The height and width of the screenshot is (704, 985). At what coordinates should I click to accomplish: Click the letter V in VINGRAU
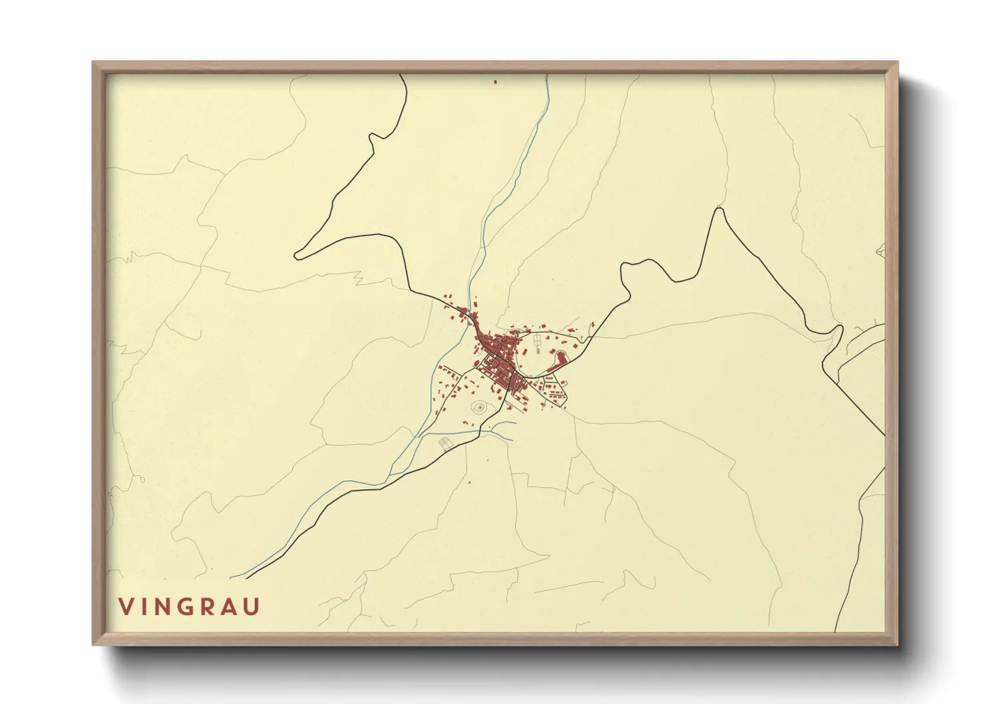coord(125,607)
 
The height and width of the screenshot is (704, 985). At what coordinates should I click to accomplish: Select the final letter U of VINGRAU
coord(252,607)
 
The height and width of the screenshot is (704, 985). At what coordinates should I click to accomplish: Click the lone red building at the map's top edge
coord(495,82)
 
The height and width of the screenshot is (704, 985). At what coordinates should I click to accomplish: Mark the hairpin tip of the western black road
coord(297,256)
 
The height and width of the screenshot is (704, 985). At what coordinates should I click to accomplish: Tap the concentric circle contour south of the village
coord(479,407)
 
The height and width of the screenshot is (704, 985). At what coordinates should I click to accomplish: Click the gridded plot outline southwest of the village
coord(445,442)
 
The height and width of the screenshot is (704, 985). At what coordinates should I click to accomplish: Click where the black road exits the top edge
coord(401,75)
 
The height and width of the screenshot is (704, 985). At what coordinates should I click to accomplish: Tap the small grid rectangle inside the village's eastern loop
coord(537,341)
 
